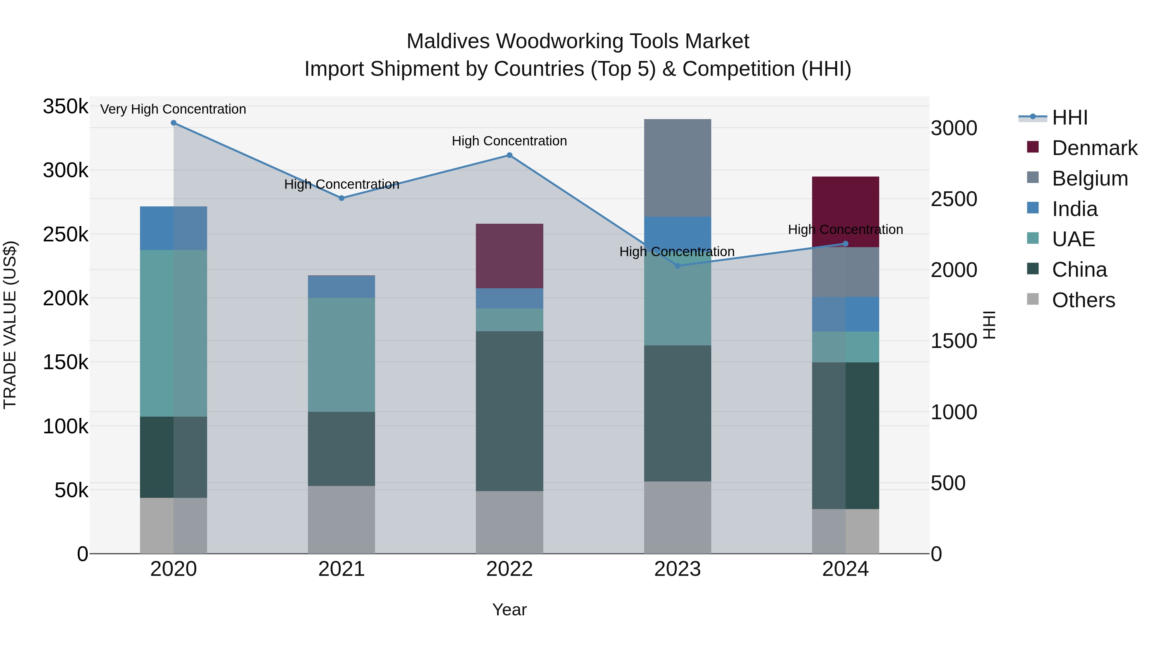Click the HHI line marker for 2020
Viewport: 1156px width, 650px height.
click(174, 123)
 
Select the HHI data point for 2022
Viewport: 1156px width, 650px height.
click(509, 155)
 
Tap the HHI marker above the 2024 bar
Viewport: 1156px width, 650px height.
click(845, 244)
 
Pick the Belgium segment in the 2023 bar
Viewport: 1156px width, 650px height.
click(677, 168)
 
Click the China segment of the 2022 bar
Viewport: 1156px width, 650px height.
click(509, 411)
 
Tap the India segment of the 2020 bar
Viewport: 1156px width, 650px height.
click(174, 228)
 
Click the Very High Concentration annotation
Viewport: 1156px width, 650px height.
click(173, 109)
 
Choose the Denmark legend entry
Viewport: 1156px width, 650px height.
click(1094, 148)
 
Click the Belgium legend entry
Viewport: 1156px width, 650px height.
click(1089, 178)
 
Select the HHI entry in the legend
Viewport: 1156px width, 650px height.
click(1069, 117)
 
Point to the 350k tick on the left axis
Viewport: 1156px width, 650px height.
click(66, 107)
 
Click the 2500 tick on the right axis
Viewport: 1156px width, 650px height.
click(954, 199)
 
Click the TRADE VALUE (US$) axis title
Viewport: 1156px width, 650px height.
click(10, 325)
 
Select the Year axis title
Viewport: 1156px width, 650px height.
click(509, 610)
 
